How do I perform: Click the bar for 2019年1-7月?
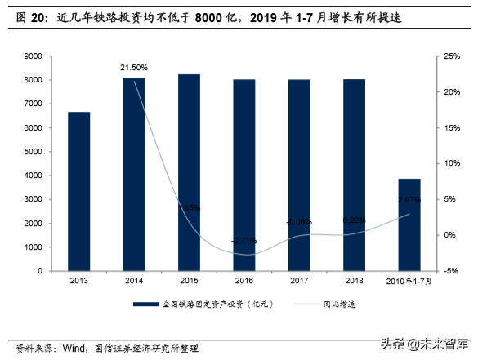tap(409, 224)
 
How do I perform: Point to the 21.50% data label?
tap(133, 67)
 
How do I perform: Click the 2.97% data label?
tap(409, 200)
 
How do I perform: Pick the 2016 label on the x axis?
tap(244, 281)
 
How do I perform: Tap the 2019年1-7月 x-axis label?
tap(409, 281)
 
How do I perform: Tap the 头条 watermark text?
tap(394, 343)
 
